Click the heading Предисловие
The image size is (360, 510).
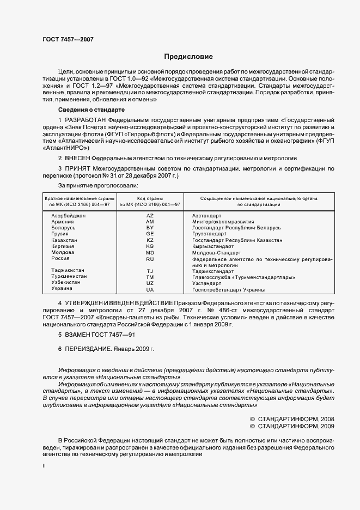tap(188, 57)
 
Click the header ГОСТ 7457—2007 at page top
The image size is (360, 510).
tap(68, 40)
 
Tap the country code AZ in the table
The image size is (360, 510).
tap(150, 216)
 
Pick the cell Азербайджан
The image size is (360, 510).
tap(69, 216)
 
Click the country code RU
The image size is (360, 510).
tap(150, 259)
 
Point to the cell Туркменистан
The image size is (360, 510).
tap(69, 277)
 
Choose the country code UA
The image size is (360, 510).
tap(150, 289)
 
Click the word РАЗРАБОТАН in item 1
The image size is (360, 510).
tap(86, 119)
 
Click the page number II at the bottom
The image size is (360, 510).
tap(44, 466)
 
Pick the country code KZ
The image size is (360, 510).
tap(150, 240)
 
